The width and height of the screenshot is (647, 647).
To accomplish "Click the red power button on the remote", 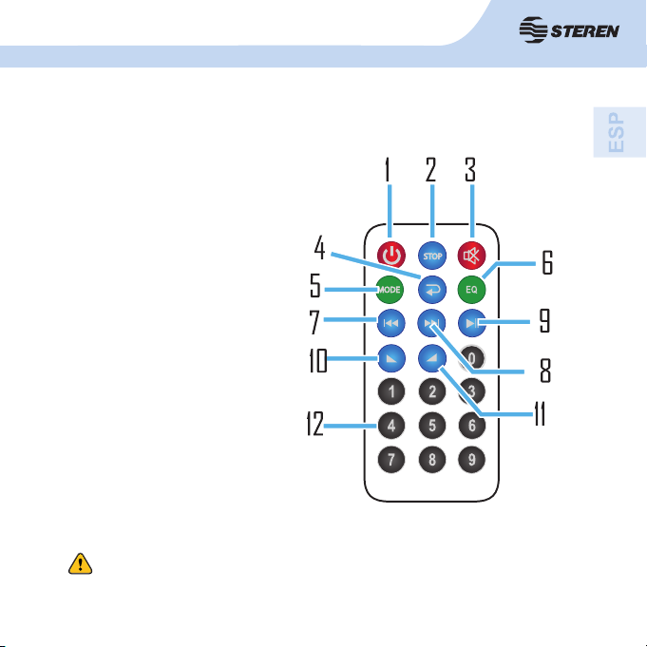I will coord(392,255).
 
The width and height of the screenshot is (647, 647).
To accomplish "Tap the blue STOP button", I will coord(431,255).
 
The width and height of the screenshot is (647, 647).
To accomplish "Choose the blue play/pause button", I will coord(472,323).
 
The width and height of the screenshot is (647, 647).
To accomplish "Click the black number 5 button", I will coord(431,423).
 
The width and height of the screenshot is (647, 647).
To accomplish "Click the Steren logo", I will coord(571,30).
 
